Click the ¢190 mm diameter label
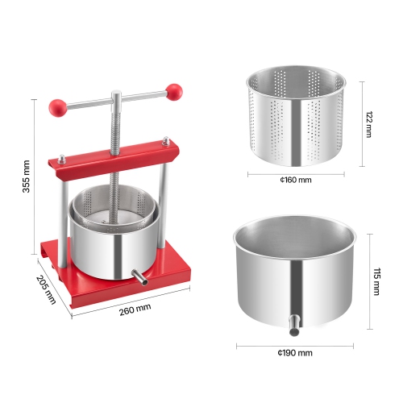pos(296,353)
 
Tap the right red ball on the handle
pos(174,91)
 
